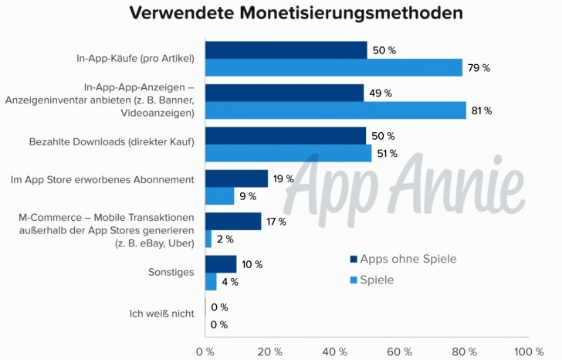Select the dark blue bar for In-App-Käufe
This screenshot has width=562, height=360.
click(x=286, y=50)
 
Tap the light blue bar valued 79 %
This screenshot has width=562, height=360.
click(x=333, y=68)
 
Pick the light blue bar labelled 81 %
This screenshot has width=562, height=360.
click(x=336, y=110)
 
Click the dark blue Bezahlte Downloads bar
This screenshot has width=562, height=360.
click(x=286, y=136)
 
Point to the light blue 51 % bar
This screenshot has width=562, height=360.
click(x=288, y=153)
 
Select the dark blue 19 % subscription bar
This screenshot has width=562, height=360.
click(x=236, y=178)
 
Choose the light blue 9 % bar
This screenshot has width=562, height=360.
click(x=220, y=196)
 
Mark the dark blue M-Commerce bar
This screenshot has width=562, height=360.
click(x=233, y=222)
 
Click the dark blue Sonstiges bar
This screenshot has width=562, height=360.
click(x=222, y=264)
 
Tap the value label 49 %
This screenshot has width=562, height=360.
click(x=381, y=93)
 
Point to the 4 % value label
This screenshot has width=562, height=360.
click(x=229, y=282)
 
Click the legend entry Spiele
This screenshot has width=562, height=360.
click(x=377, y=280)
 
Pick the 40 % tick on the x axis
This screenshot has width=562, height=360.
click(x=333, y=352)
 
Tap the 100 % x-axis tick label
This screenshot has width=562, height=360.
click(x=528, y=352)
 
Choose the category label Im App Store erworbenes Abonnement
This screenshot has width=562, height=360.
click(x=102, y=179)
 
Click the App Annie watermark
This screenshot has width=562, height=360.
click(x=409, y=185)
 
